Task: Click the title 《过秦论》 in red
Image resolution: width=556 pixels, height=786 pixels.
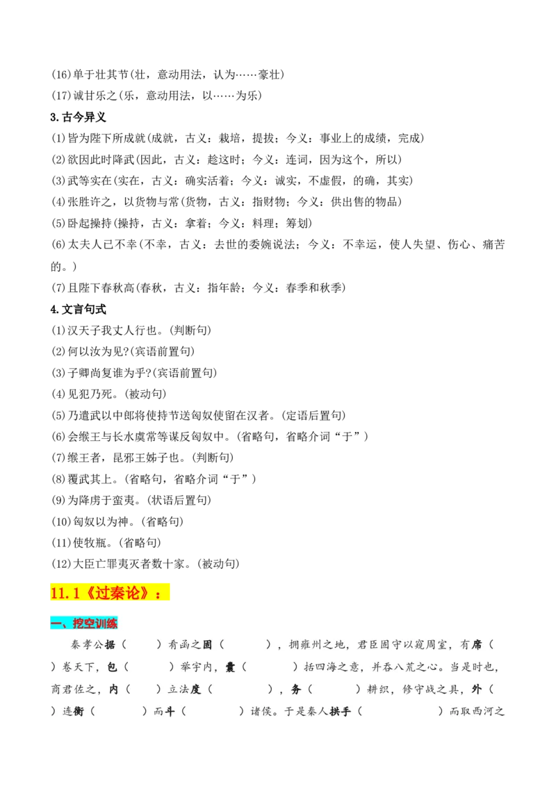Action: [119, 593]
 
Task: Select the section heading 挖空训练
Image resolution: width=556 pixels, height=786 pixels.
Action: [95, 623]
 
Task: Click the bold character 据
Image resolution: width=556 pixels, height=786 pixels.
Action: [110, 645]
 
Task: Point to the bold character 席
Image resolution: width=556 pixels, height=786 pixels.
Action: [477, 645]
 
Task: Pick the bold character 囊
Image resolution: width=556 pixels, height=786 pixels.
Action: [231, 667]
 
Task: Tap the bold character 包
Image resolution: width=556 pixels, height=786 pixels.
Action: [113, 667]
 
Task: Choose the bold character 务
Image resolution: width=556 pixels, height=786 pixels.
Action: [296, 689]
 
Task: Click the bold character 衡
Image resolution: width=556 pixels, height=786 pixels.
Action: [79, 712]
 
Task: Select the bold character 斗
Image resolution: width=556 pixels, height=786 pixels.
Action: [170, 712]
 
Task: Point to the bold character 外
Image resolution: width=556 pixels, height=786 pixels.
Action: [477, 689]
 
